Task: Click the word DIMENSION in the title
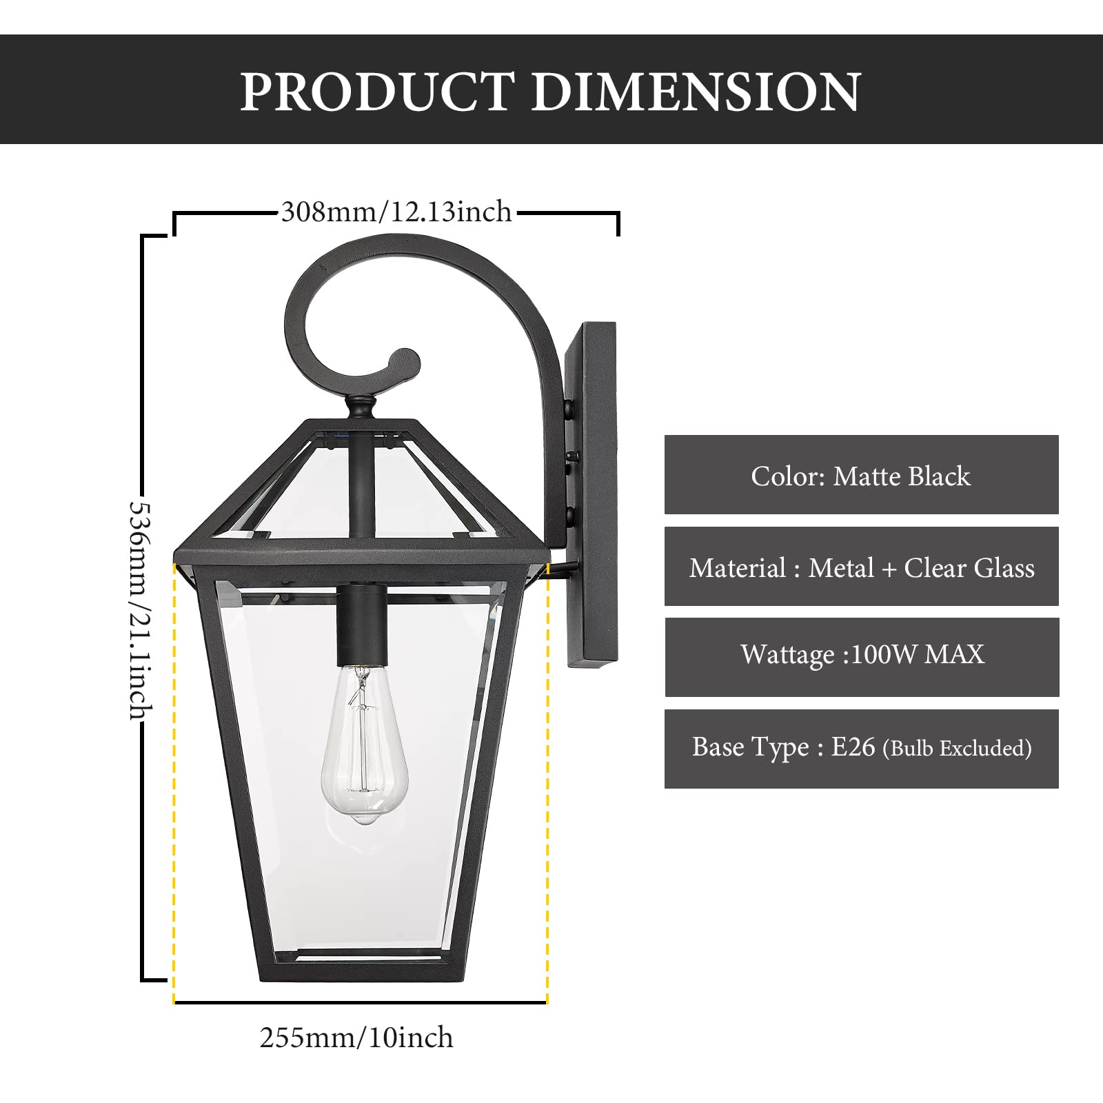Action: click(x=696, y=92)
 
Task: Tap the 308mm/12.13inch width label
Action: click(x=396, y=212)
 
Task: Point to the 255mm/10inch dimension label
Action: click(x=356, y=1038)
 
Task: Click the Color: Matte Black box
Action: click(x=861, y=475)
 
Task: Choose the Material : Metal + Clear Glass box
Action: click(x=861, y=567)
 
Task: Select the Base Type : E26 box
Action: click(x=861, y=749)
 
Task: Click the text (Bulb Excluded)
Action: click(x=957, y=749)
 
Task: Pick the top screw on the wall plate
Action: click(x=571, y=411)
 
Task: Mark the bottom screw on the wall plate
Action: click(x=571, y=514)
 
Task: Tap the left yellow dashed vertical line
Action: click(x=174, y=779)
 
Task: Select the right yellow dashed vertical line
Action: click(x=547, y=779)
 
